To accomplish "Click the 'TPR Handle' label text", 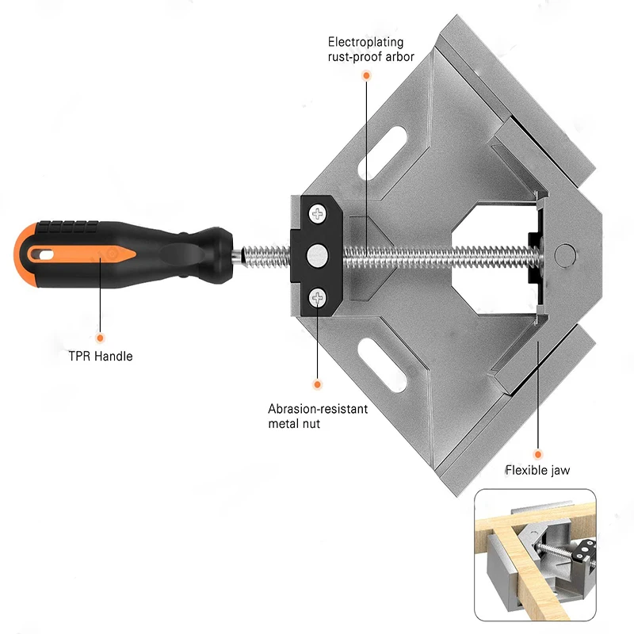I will click(100, 356).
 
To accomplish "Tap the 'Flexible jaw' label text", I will click(537, 470).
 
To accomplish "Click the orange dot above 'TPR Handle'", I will click(100, 337).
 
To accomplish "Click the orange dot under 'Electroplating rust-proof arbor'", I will click(366, 75).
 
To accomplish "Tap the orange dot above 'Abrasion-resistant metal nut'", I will click(317, 385).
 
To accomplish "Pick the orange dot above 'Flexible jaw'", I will click(537, 454).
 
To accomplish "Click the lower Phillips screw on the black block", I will click(319, 297).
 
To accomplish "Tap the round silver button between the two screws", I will click(318, 254).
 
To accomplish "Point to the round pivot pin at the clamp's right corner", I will click(566, 254).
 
